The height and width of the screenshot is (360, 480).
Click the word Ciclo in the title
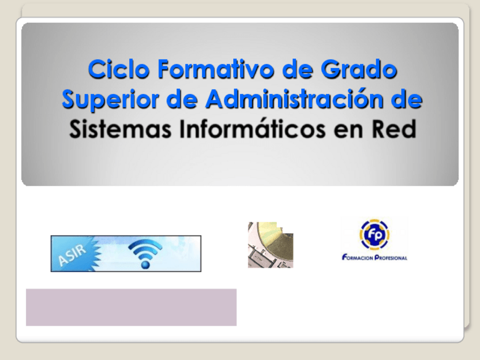118,69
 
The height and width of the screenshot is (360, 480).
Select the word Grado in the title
359,69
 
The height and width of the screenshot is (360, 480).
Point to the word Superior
110,100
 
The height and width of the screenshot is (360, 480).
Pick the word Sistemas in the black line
120,129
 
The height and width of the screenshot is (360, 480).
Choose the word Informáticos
252,128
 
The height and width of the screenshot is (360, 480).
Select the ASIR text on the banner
72,255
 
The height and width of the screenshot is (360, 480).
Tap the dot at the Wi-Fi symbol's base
145,264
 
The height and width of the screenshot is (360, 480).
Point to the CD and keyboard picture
271,245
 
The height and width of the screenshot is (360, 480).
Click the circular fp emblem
374,234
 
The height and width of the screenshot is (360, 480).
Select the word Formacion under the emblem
358,258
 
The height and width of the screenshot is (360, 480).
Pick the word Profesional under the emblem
391,258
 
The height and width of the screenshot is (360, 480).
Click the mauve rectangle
131,307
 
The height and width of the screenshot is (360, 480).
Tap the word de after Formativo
297,69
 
